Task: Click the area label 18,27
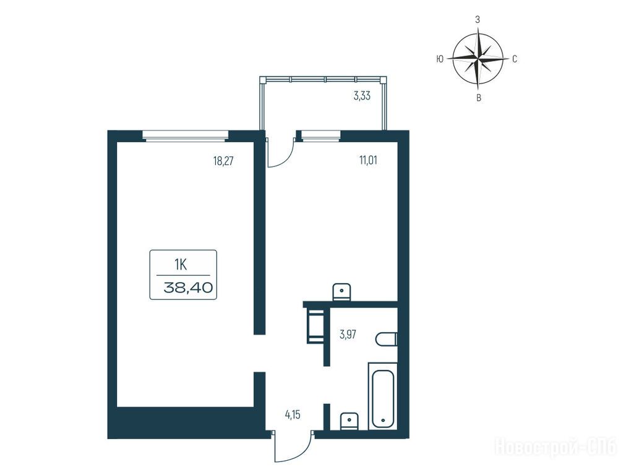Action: click(223, 161)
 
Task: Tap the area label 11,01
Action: click(368, 160)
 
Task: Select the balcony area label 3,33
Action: click(362, 96)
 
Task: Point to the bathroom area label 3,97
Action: click(348, 335)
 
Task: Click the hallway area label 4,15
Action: click(292, 415)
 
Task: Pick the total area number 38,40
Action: click(187, 288)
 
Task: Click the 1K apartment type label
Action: click(181, 265)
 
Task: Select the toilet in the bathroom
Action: click(386, 340)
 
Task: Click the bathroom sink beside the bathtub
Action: click(349, 421)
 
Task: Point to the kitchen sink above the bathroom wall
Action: click(341, 291)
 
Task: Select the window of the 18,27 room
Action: click(185, 135)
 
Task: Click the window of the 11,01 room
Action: click(320, 135)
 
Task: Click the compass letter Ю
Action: click(439, 59)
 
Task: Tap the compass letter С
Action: click(515, 59)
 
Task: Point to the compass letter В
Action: click(479, 98)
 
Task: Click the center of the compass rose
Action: click(478, 59)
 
